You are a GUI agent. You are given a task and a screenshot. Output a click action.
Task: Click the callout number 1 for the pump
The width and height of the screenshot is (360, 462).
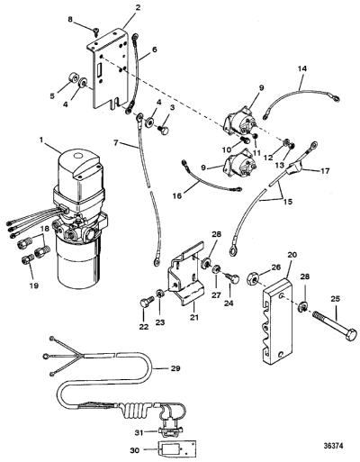[42, 140]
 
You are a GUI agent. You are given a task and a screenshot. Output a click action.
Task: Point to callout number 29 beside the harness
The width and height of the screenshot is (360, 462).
[175, 368]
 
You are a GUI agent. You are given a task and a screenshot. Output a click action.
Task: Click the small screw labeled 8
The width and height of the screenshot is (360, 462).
[95, 31]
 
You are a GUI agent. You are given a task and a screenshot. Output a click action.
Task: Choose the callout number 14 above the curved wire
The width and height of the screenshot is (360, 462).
[302, 68]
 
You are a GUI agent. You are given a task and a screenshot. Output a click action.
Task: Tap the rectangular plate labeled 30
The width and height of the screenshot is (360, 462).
[177, 449]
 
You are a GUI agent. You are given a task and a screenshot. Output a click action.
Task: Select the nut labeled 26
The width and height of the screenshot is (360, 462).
[253, 280]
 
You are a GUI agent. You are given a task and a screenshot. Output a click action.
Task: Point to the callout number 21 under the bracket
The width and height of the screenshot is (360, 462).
[193, 317]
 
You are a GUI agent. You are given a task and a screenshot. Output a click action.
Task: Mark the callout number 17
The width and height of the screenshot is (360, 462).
[325, 171]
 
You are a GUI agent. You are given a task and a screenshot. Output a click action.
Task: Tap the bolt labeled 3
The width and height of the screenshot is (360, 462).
[163, 130]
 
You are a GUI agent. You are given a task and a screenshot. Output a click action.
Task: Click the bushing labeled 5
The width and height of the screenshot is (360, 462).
[72, 77]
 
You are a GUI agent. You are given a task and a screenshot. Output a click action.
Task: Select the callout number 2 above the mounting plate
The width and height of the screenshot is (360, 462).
[138, 7]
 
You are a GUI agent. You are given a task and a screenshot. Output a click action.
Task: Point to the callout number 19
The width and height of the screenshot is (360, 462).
[34, 285]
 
